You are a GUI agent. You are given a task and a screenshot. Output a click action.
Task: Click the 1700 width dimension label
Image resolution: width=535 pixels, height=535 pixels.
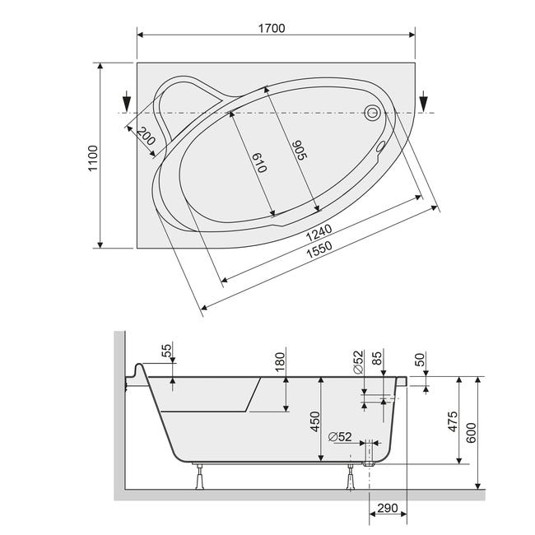272,28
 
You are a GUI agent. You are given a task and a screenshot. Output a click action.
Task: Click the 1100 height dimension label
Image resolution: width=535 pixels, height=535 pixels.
93,158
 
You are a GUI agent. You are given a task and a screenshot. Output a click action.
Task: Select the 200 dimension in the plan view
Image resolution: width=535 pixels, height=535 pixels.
147,136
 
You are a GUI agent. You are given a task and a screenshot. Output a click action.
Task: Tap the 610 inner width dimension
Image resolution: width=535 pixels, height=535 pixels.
259,162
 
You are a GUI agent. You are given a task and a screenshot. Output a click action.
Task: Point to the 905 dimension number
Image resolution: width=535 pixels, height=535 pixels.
300,150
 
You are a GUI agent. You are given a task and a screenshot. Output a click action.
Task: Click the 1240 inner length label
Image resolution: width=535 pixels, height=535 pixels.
319,233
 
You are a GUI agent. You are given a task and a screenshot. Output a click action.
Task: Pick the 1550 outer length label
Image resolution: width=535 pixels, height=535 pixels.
319,250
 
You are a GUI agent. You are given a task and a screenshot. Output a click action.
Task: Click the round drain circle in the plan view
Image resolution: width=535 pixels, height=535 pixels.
372,112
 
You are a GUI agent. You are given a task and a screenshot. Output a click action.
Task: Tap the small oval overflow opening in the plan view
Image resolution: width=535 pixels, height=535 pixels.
380,147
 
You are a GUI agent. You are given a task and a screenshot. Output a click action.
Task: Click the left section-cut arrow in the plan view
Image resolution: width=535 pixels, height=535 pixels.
127,100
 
